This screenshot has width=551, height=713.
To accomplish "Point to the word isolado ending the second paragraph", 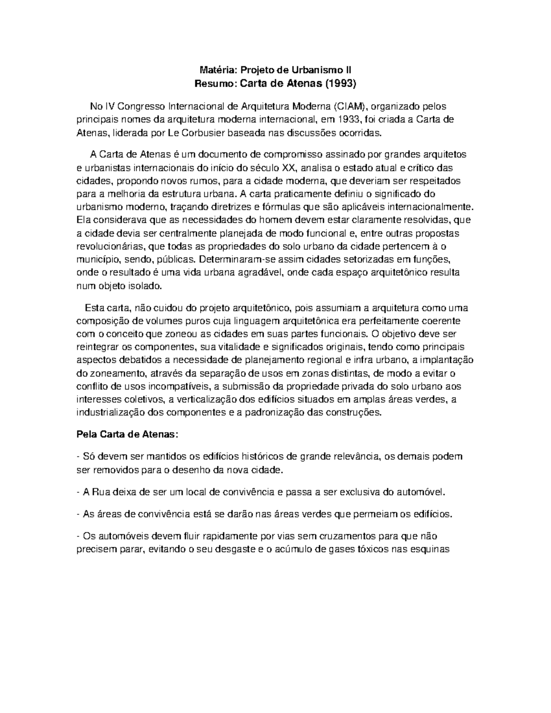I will pos(147,286).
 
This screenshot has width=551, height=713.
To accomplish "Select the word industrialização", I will pos(110,412).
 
